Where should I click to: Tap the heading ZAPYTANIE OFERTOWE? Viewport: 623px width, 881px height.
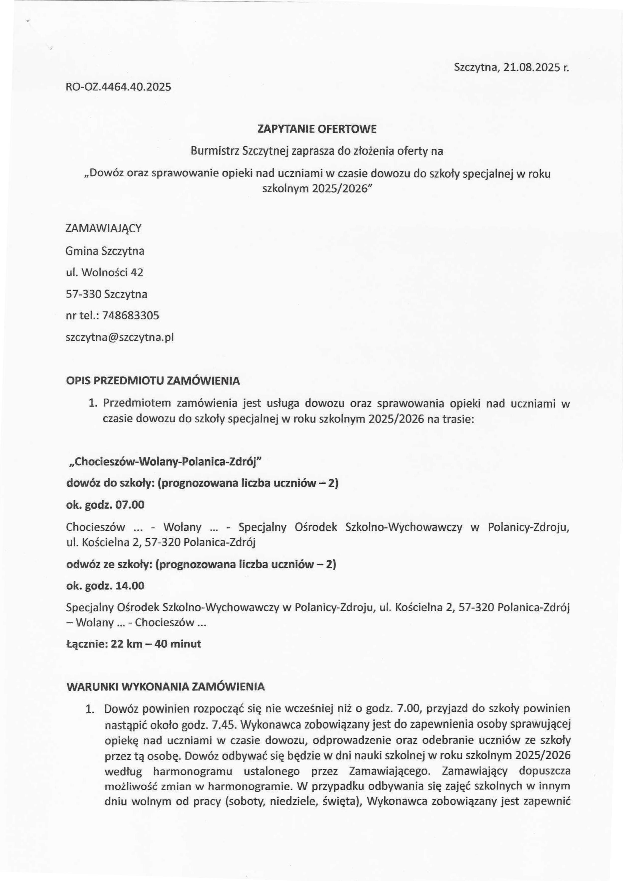point(317,129)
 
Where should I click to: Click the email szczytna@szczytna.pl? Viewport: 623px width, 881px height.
point(120,338)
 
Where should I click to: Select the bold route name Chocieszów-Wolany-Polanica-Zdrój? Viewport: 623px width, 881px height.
point(164,462)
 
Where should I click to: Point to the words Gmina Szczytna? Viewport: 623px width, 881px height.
point(105,251)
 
